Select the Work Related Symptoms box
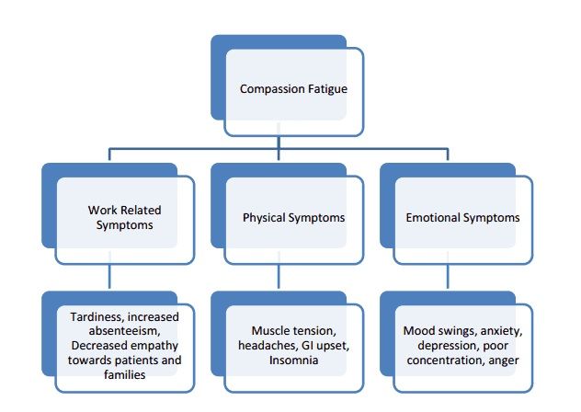coord(125,218)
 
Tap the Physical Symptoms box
coord(293,218)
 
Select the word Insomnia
coord(293,360)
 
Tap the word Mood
coord(420,330)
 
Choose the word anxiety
coord(497,330)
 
